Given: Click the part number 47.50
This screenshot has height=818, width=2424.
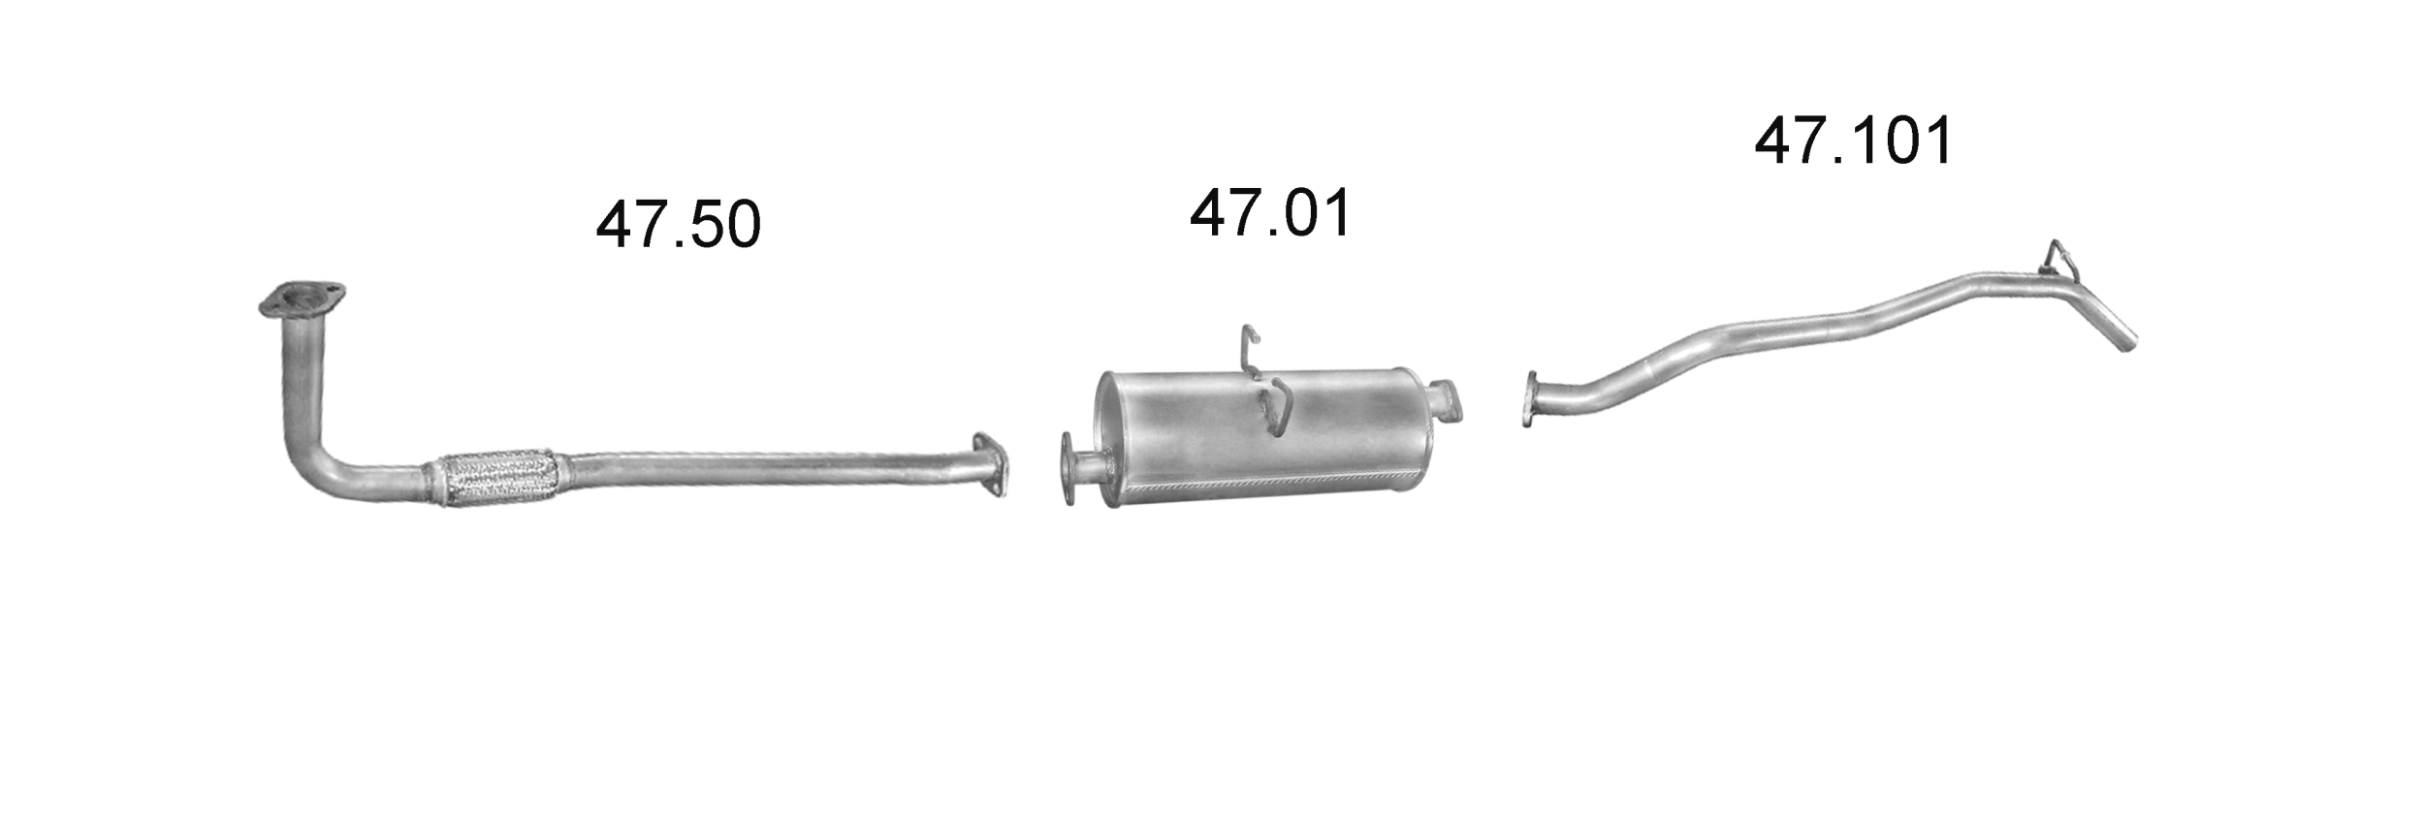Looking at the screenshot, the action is coord(678,225).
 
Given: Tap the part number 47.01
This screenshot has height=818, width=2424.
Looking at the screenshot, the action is coord(1270,214).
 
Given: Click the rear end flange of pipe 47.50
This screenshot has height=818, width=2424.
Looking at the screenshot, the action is coord(989,465).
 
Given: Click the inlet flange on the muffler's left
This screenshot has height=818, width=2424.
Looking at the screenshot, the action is coord(1069,469).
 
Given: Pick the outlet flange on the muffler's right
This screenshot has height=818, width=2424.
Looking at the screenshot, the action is coord(1448,399).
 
